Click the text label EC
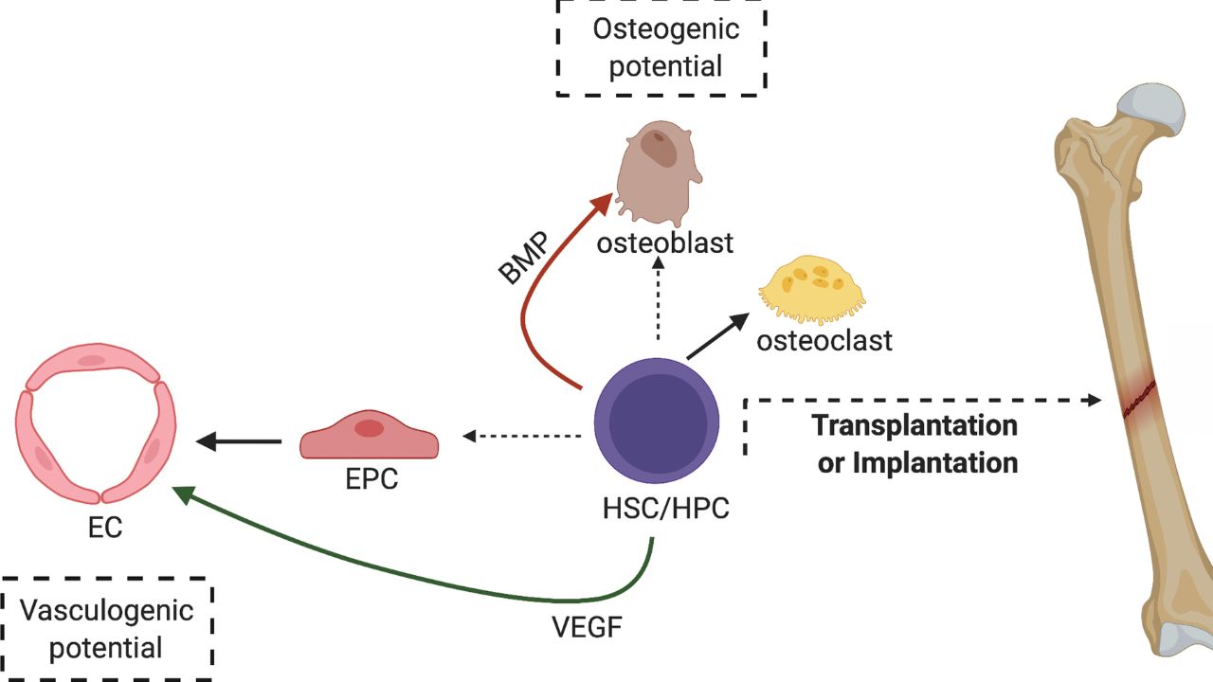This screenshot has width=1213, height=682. click(x=104, y=528)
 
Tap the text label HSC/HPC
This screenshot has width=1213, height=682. click(x=664, y=509)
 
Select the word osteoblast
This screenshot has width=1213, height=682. click(x=664, y=243)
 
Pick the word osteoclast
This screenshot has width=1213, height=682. click(x=824, y=339)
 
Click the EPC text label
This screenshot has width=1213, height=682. click(x=370, y=480)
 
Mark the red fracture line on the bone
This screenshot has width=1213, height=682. click(x=1139, y=398)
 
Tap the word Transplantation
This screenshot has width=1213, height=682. click(x=915, y=424)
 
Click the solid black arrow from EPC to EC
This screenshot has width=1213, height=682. click(x=238, y=440)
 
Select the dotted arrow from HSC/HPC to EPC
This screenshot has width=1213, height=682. click(x=522, y=436)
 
